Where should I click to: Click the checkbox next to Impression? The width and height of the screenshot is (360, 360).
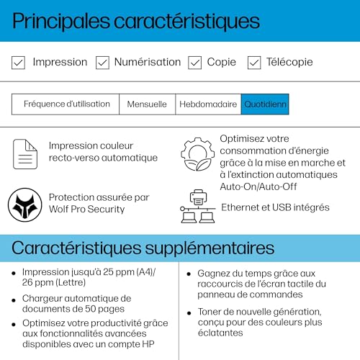19,63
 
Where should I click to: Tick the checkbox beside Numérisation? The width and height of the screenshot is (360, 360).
102,63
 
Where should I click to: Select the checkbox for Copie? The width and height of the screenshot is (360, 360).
194,63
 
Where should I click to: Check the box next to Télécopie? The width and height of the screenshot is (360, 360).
254,63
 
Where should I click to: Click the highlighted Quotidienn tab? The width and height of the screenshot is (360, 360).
264,104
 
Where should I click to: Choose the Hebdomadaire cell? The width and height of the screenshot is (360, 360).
208,104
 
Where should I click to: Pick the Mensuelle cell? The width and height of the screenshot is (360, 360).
147,104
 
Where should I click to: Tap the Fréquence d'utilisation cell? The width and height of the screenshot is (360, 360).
66,104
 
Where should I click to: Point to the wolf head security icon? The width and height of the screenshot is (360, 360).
25,204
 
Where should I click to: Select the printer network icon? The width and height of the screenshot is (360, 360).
198,206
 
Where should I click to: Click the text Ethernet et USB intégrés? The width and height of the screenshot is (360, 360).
275,207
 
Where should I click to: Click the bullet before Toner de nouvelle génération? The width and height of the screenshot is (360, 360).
189,312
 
